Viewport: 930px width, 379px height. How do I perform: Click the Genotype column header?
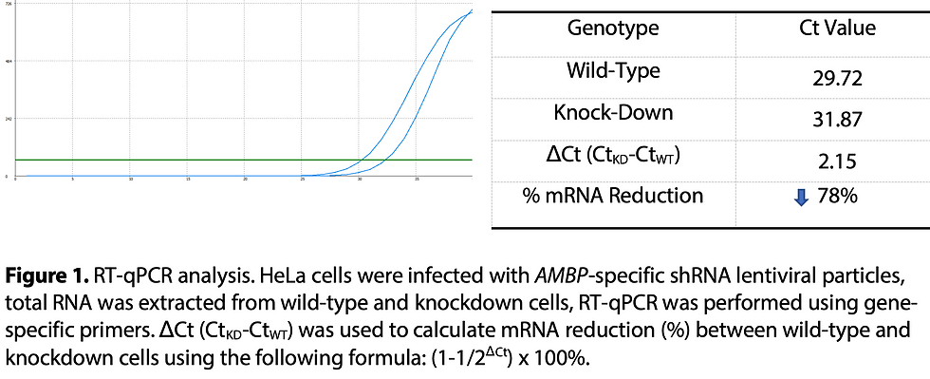tap(612, 28)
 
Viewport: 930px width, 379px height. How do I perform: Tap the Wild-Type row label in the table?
tap(612, 70)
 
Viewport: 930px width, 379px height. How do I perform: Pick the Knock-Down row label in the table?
tap(612, 112)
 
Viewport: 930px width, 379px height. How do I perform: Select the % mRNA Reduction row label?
tap(614, 196)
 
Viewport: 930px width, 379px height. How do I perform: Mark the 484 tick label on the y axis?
tap(9, 62)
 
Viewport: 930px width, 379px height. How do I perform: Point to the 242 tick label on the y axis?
tap(9, 119)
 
